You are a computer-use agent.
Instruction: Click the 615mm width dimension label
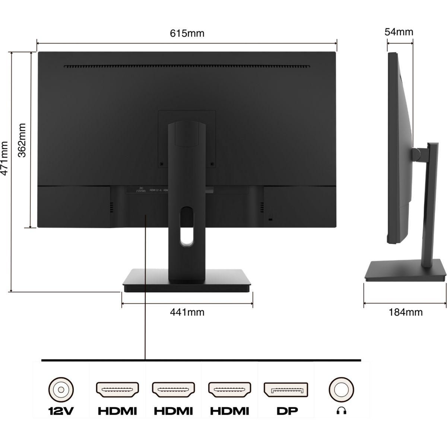pyautogui.click(x=187, y=34)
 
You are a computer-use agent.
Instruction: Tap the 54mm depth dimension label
pyautogui.click(x=399, y=32)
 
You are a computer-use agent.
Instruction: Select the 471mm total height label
pyautogui.click(x=5, y=158)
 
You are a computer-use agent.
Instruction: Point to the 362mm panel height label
pyautogui.click(x=22, y=140)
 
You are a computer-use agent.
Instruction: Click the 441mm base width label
pyautogui.click(x=187, y=312)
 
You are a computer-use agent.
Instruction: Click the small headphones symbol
pyautogui.click(x=341, y=411)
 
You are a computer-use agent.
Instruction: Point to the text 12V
pyautogui.click(x=61, y=411)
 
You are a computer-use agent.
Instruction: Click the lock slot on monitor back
pyautogui.click(x=271, y=220)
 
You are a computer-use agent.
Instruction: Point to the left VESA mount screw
pyautogui.click(x=161, y=164)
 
